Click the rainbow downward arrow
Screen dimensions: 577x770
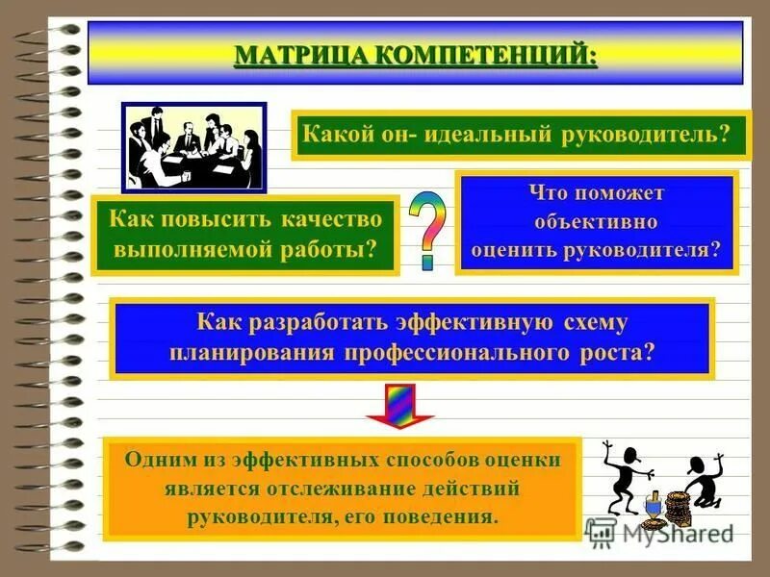[x=399, y=405]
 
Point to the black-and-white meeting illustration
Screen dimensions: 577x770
[x=192, y=146]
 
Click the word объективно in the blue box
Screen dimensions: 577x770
[x=596, y=222]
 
